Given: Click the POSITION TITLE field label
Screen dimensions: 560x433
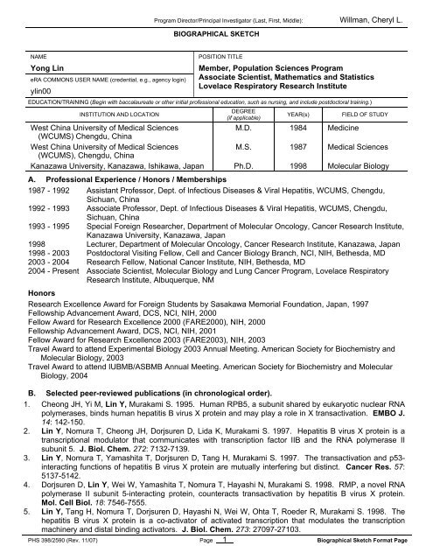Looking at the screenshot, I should pyautogui.click(x=227, y=53).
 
